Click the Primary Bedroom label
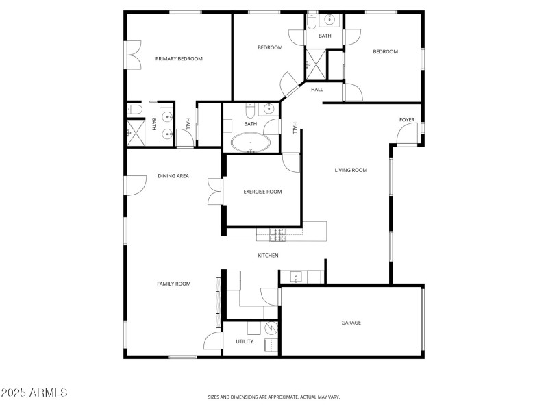coord(179,59)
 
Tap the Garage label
coord(351,323)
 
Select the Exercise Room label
coord(262,192)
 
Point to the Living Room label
coord(351,171)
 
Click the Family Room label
coord(173,284)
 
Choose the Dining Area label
coord(173,176)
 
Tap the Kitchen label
coord(268,256)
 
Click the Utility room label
coord(245,342)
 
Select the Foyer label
coord(407,120)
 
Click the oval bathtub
coord(251,143)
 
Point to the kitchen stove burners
coord(279,235)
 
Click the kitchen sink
coord(296,277)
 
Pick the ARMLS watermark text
coord(34,393)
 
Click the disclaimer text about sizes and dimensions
coord(274,397)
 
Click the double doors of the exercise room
coord(215,191)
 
